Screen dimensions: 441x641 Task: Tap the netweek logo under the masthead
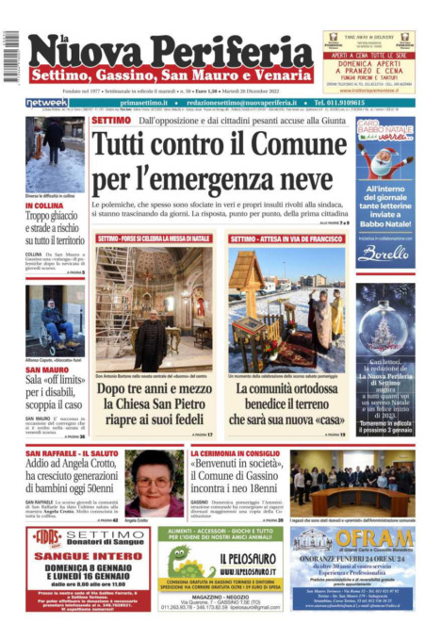46,103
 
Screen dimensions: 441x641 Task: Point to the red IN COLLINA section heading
44,205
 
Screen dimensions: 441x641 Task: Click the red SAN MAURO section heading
47,370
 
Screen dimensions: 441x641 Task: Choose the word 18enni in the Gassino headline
261,489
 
